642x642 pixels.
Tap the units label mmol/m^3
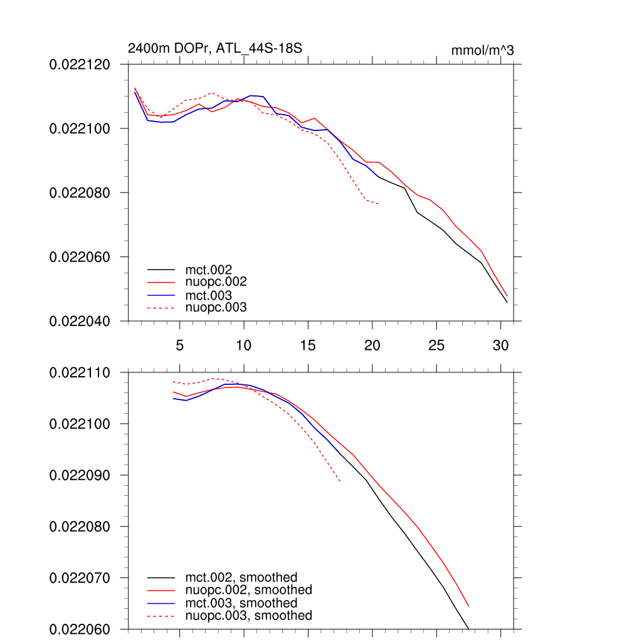482,50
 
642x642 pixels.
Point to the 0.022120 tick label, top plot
80,64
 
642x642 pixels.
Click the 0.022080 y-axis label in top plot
80,192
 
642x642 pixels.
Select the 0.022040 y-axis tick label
80,321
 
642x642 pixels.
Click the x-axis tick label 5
180,345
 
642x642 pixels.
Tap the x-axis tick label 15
308,345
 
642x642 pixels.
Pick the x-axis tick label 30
500,345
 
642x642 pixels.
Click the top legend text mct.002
213,270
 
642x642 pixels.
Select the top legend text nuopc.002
216,283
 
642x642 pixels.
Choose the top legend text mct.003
213,295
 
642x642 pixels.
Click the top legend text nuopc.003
216,308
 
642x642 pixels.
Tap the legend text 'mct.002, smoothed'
241,577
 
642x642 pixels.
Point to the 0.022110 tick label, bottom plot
80,372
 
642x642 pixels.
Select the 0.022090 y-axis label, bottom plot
80,475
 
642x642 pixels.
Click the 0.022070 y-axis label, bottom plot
80,577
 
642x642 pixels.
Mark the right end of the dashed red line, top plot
379,204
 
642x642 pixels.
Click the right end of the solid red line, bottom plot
468,606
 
